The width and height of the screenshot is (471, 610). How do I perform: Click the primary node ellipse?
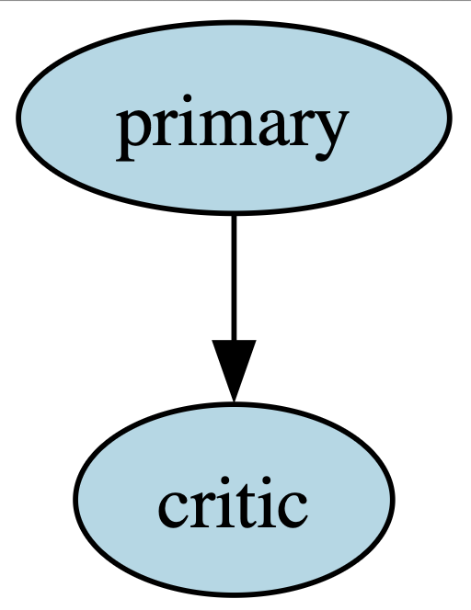[234, 118]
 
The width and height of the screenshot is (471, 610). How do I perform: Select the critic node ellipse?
[234, 500]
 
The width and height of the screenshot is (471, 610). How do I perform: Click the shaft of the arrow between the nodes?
[234, 277]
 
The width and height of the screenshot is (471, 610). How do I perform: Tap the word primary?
[231, 129]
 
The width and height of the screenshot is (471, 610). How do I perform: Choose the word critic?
[233, 503]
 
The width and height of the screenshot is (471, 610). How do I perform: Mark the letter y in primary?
[327, 135]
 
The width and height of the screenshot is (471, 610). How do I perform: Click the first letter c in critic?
[173, 510]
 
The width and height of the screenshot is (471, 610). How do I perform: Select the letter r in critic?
[203, 510]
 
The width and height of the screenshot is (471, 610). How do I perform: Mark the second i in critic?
[270, 503]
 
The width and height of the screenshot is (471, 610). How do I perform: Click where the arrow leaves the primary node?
[234, 215]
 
